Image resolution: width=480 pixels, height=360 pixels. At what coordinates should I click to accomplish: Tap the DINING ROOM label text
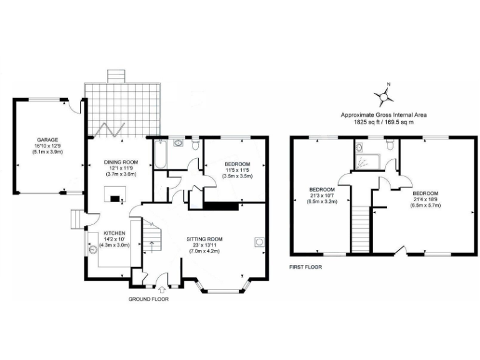click(121, 162)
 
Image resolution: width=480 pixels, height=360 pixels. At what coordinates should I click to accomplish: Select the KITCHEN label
click(106, 232)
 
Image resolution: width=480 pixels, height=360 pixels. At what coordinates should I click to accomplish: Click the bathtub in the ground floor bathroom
click(159, 155)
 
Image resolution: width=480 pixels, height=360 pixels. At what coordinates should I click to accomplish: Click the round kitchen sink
click(93, 249)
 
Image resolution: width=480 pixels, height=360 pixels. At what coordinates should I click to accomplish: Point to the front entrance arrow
click(162, 289)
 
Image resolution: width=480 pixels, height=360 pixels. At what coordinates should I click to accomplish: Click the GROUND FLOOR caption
click(148, 299)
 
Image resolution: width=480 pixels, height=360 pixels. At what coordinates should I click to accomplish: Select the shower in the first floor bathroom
click(362, 161)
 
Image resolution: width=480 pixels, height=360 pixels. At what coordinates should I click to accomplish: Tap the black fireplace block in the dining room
click(115, 199)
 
